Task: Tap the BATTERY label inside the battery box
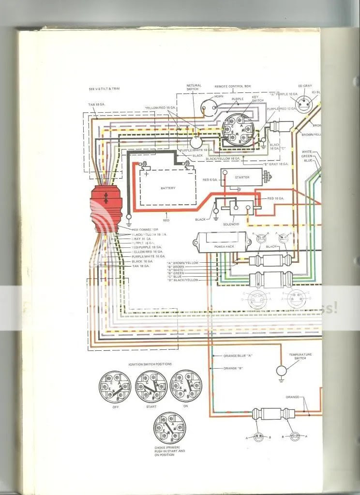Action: pyautogui.click(x=168, y=188)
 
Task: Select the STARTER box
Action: pyautogui.click(x=241, y=178)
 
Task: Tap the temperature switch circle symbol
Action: pyautogui.click(x=282, y=371)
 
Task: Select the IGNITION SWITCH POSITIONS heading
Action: pyautogui.click(x=150, y=364)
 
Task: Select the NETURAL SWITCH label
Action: pyautogui.click(x=194, y=88)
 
